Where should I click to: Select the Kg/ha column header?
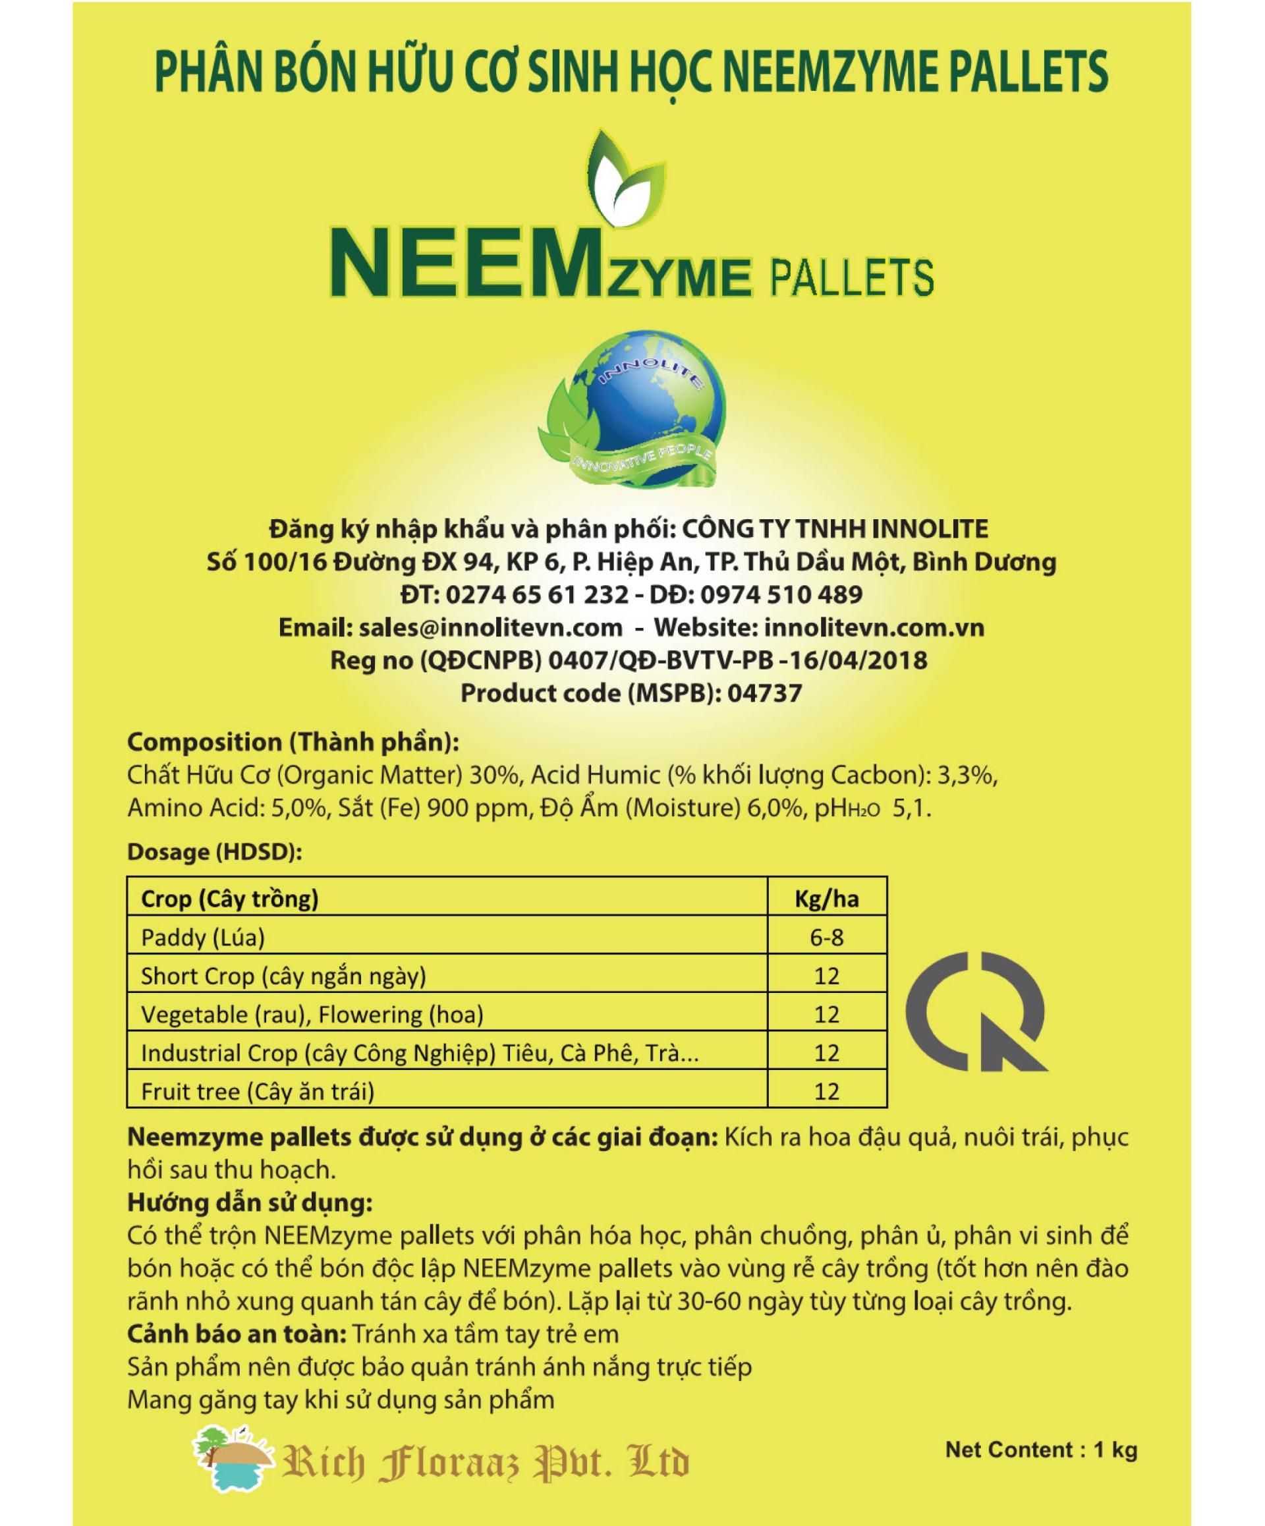click(826, 899)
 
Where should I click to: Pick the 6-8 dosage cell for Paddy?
click(826, 938)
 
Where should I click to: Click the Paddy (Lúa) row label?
click(203, 938)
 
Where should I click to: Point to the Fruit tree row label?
click(257, 1090)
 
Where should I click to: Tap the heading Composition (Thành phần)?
click(293, 742)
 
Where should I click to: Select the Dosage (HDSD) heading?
click(213, 852)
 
